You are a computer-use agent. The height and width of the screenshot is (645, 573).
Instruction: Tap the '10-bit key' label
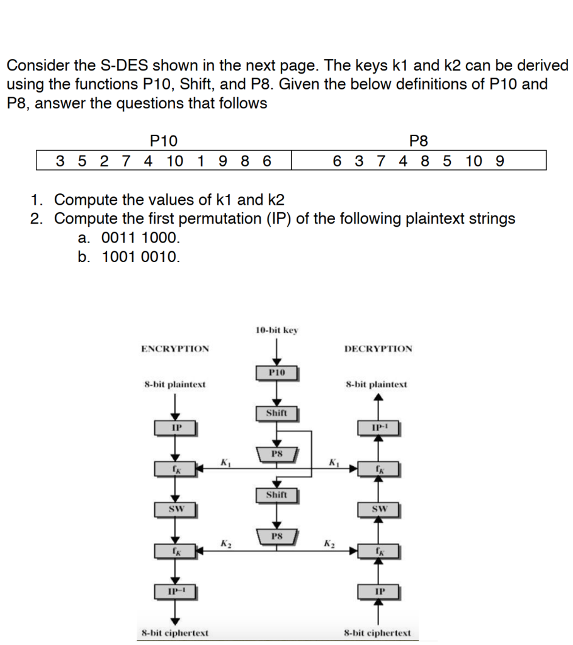point(277,329)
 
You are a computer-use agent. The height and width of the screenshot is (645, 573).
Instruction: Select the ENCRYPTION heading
point(175,348)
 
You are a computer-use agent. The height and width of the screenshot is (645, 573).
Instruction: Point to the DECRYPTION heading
point(378,348)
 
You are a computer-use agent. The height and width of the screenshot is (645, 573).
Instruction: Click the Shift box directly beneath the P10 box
point(276,413)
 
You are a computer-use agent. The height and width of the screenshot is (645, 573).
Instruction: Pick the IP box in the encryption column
point(176,428)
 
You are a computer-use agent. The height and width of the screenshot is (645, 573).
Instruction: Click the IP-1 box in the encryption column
point(176,591)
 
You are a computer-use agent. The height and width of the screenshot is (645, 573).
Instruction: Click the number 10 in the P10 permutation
point(175,161)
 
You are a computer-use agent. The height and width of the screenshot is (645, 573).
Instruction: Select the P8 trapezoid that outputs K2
point(276,537)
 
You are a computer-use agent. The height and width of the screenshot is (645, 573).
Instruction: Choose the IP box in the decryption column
point(378,591)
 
